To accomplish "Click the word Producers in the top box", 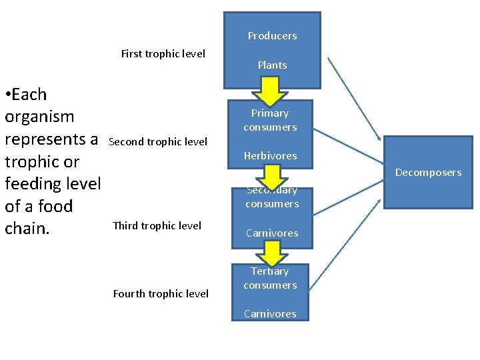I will (x=272, y=36).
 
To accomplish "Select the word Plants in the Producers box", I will (x=272, y=65).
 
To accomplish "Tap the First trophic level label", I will (x=163, y=54).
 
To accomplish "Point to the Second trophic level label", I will (x=158, y=141).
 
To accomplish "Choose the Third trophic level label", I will (x=157, y=225).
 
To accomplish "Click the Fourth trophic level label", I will (x=161, y=293).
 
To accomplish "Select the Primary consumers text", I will (x=270, y=120).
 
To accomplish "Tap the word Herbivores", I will (x=270, y=156).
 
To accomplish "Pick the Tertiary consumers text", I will (x=270, y=278).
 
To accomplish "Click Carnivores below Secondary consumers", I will (x=272, y=233).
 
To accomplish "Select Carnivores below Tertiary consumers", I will (x=270, y=314).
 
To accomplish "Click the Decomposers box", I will (x=428, y=173).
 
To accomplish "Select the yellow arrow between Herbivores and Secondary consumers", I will (x=271, y=176).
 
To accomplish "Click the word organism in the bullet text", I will (x=39, y=117).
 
